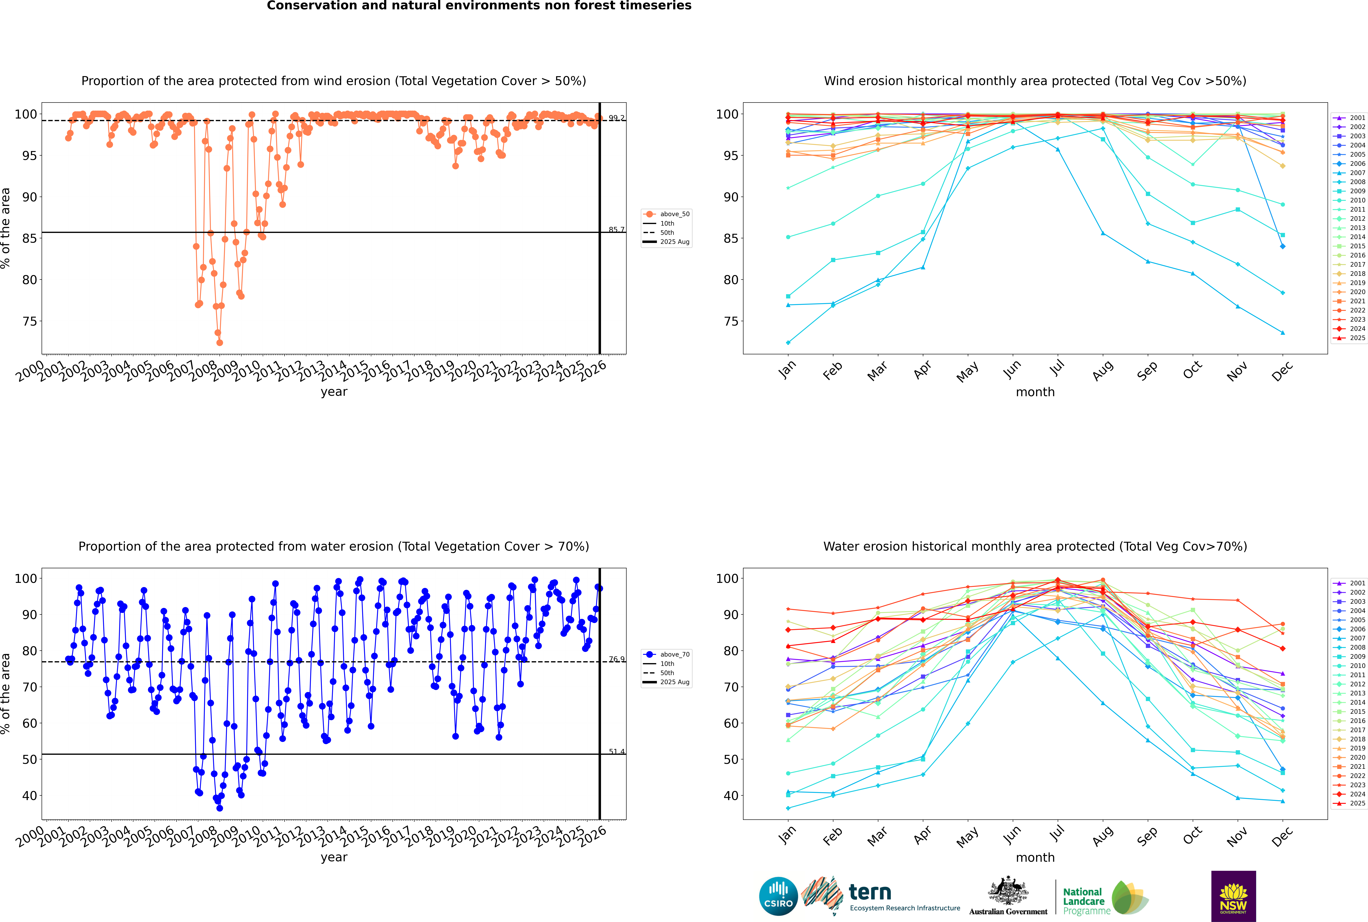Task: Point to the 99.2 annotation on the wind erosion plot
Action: (x=616, y=118)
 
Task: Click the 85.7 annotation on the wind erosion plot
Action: (x=616, y=230)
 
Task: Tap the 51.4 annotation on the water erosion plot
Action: (x=616, y=751)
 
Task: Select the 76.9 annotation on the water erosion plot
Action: (x=616, y=659)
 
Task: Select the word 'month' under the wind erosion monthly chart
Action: (x=1035, y=392)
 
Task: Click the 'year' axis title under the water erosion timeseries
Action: (x=333, y=857)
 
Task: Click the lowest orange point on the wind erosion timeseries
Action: (x=219, y=342)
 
